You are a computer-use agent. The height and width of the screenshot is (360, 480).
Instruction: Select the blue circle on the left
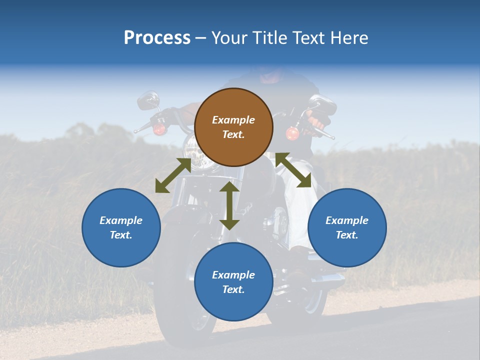pyautogui.click(x=121, y=227)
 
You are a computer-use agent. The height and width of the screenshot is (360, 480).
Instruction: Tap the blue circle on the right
pyautogui.click(x=347, y=227)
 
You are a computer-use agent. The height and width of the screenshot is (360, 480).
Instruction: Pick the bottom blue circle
pyautogui.click(x=233, y=282)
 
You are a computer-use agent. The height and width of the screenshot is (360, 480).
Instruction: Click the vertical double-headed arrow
pyautogui.click(x=229, y=205)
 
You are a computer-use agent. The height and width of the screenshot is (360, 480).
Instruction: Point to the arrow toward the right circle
pyautogui.click(x=293, y=170)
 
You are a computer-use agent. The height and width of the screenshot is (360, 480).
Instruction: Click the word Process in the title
pyautogui.click(x=157, y=37)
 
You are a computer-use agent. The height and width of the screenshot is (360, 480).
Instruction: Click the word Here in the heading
pyautogui.click(x=348, y=37)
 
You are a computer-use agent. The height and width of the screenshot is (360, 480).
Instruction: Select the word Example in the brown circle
pyautogui.click(x=233, y=120)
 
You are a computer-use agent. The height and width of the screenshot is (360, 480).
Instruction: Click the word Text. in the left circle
pyautogui.click(x=121, y=235)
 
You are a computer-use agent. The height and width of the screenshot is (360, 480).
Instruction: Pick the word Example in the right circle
pyautogui.click(x=347, y=220)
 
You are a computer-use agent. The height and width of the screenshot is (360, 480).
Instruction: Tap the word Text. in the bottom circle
pyautogui.click(x=233, y=289)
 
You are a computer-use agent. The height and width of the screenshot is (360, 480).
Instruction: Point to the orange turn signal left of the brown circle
pyautogui.click(x=159, y=129)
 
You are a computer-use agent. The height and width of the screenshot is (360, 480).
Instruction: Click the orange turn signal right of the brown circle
pyautogui.click(x=292, y=133)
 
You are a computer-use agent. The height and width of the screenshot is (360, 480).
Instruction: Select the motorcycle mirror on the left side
pyautogui.click(x=148, y=100)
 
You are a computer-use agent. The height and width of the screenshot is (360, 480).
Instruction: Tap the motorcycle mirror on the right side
pyautogui.click(x=322, y=104)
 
